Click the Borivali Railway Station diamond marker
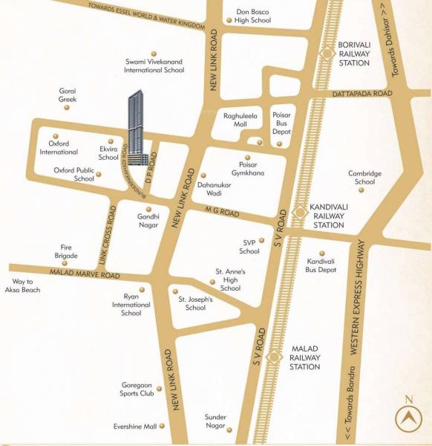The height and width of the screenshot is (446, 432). [x=325, y=53]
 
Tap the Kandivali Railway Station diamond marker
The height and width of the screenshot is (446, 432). [x=300, y=212]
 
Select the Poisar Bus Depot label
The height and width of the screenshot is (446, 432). [x=283, y=120]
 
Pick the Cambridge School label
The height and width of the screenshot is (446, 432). [x=364, y=178]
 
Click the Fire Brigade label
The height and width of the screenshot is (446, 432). [x=66, y=251]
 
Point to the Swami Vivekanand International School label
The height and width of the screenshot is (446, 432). [x=154, y=65]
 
